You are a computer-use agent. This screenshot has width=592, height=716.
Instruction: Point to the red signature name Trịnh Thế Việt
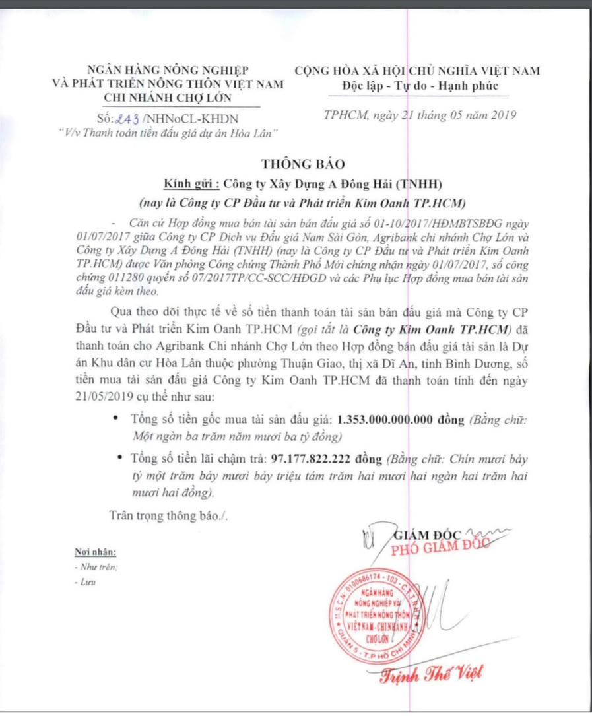click(x=430, y=674)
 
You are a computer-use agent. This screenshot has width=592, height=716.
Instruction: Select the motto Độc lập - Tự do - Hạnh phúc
click(x=420, y=86)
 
